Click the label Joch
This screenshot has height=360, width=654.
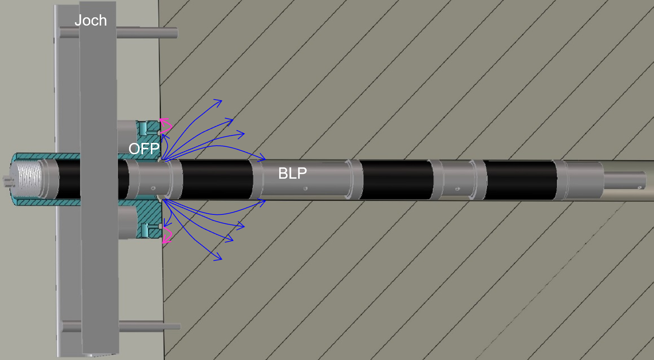(91, 20)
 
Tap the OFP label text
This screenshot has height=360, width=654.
(144, 149)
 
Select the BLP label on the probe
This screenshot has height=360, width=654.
(292, 173)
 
